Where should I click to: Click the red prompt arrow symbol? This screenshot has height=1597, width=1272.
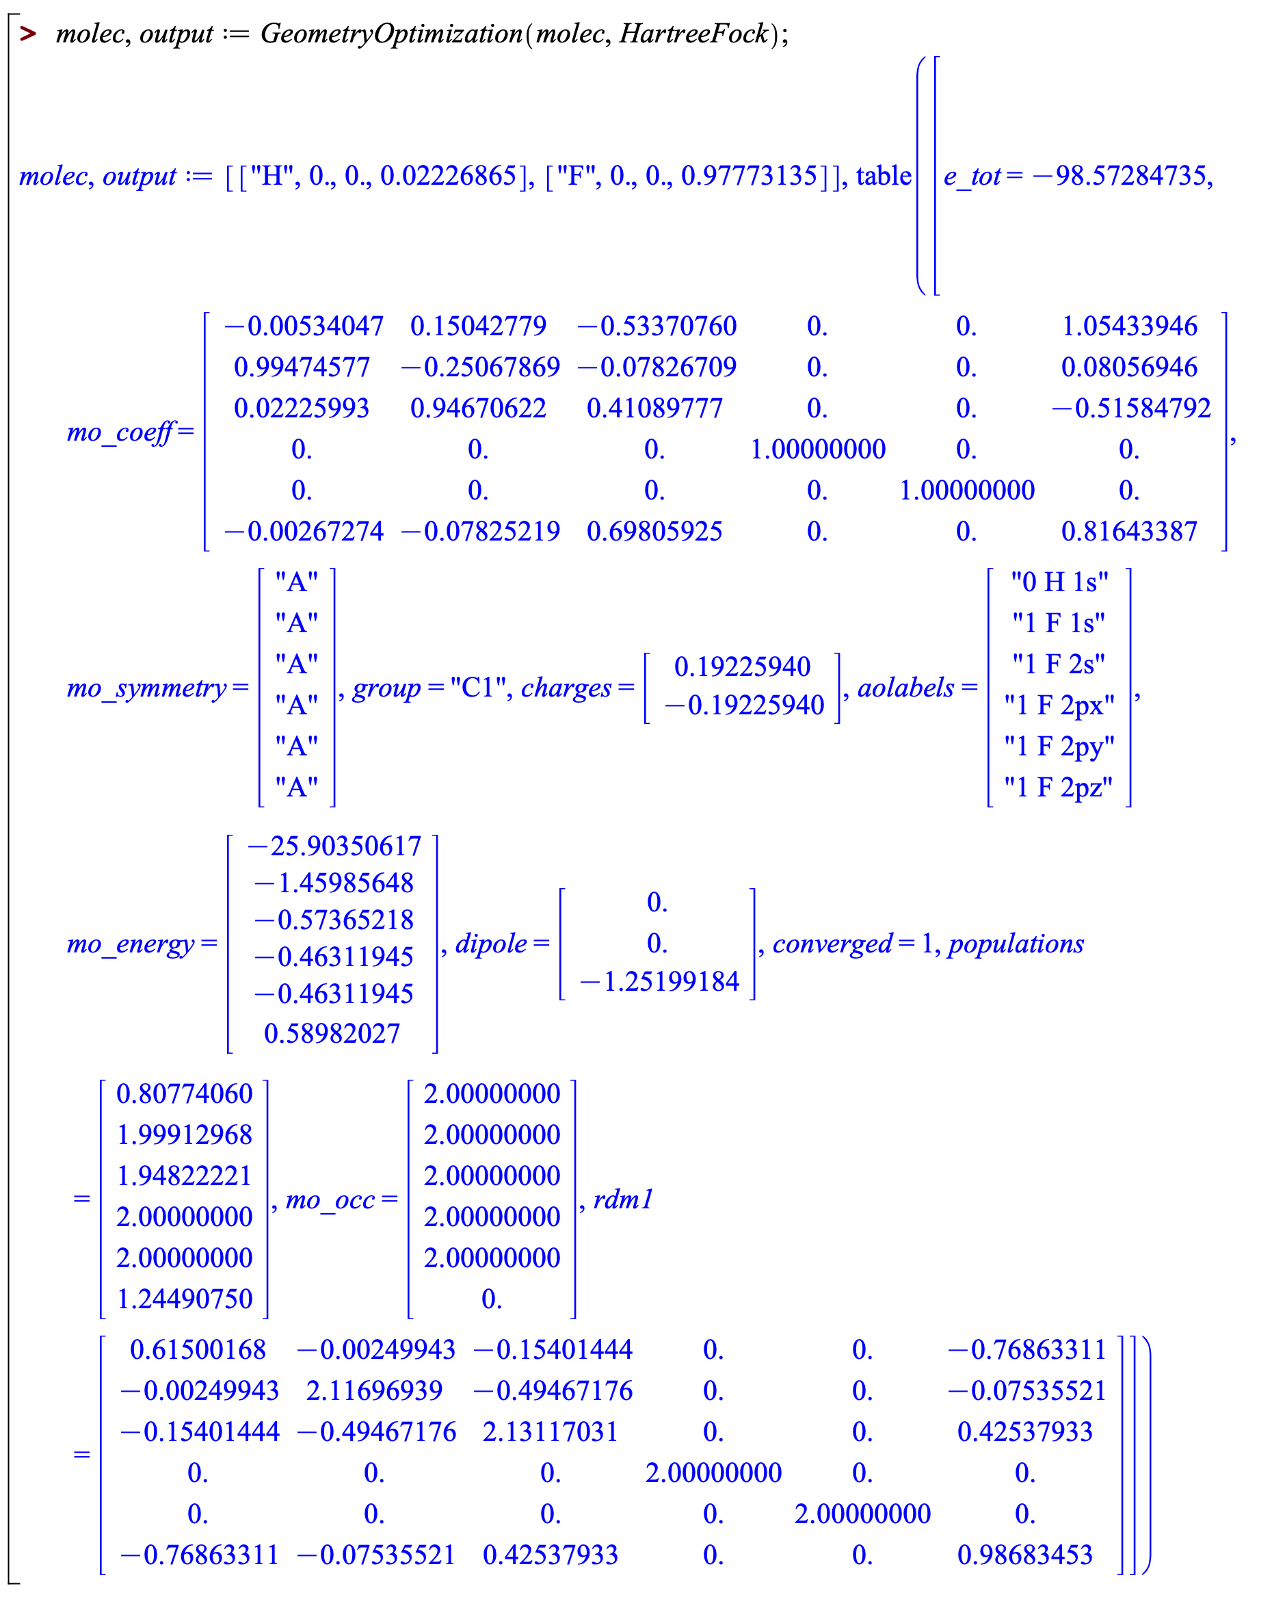pos(28,34)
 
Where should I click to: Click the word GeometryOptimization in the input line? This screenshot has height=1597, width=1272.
pos(391,34)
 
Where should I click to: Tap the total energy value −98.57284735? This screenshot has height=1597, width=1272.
pos(1122,176)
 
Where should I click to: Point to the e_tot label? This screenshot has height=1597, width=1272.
pos(971,177)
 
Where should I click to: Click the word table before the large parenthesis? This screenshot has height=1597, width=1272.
pos(884,176)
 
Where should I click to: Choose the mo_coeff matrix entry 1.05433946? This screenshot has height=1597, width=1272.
pos(1129,326)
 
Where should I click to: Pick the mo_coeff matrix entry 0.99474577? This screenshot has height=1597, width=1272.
pos(302,367)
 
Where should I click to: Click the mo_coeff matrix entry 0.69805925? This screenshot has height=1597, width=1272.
pos(654,531)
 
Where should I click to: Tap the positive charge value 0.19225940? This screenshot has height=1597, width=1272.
pos(742,666)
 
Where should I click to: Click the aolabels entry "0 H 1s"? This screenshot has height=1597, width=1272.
pos(1059,582)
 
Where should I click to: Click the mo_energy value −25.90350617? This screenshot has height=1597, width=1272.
pos(334,846)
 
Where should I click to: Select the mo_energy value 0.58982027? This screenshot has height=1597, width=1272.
pos(332,1033)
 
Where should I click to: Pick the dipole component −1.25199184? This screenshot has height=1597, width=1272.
pos(659,981)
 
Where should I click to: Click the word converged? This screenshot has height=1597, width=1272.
pos(832,944)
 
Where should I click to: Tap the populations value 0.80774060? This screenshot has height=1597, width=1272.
pos(185,1093)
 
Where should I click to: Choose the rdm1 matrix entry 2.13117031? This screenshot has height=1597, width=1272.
pos(549,1431)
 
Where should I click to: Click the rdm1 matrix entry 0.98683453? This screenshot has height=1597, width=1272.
pos(1024,1554)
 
